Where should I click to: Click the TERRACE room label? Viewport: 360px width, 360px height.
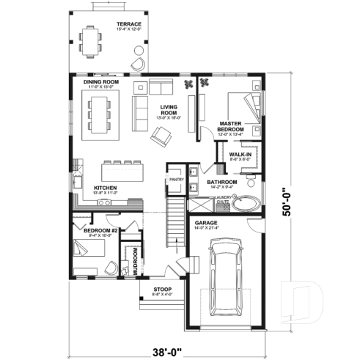128,25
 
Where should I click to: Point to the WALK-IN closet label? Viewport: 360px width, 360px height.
240,155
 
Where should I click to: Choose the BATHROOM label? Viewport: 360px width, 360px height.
221,181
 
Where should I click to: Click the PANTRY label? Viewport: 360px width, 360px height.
176,178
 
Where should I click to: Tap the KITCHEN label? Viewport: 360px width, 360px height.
106,188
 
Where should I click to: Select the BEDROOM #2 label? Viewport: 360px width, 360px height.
95,231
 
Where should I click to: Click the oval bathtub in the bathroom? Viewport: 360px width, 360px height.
246,203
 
